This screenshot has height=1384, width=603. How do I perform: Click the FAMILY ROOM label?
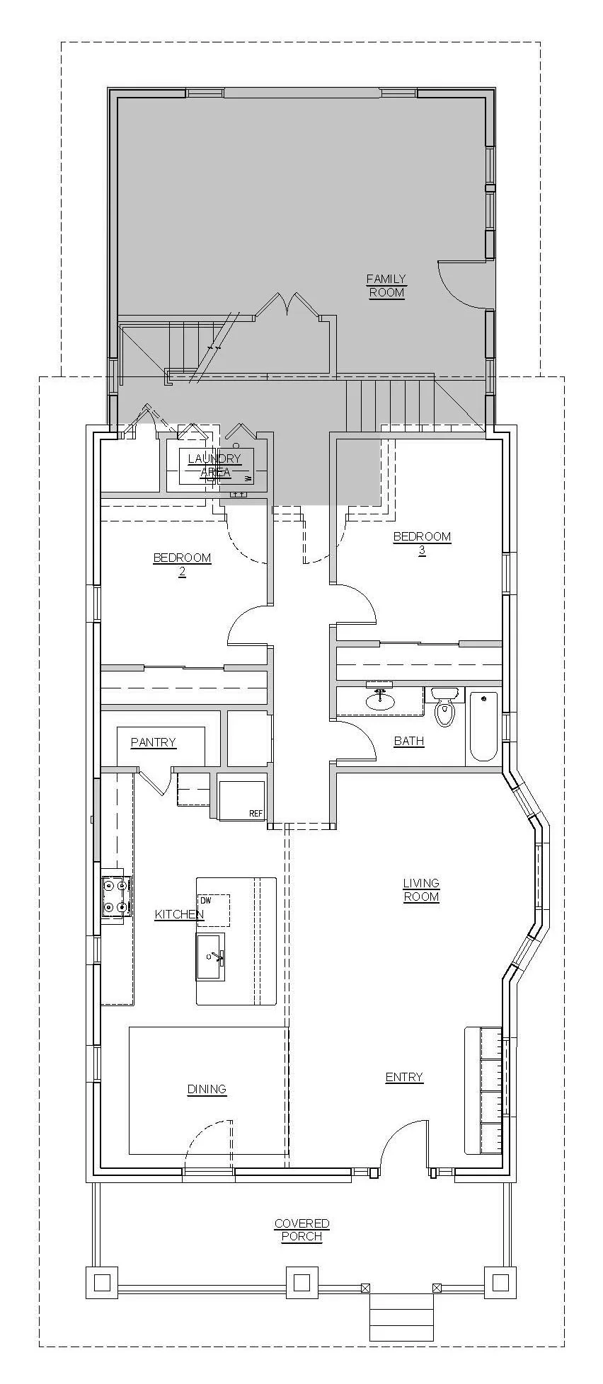click(x=386, y=285)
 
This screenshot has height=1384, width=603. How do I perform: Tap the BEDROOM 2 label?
click(x=182, y=564)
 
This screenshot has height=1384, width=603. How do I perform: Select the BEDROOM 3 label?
click(x=422, y=543)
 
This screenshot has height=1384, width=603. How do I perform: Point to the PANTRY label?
click(x=153, y=742)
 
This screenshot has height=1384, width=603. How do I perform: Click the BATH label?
click(x=409, y=741)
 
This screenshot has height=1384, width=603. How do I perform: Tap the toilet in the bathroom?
click(x=444, y=711)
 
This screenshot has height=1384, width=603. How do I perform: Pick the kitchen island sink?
click(x=210, y=957)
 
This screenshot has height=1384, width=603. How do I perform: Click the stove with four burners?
click(x=115, y=896)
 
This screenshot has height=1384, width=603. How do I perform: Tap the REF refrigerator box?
click(x=241, y=800)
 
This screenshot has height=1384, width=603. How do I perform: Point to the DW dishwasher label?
click(x=206, y=901)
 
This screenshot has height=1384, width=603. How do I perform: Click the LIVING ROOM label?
click(x=421, y=889)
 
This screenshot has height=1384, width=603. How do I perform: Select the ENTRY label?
click(x=404, y=1077)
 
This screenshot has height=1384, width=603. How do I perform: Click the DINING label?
click(x=207, y=1089)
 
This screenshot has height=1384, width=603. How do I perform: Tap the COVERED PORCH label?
click(x=302, y=1230)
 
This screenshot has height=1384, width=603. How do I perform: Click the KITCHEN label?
click(x=179, y=914)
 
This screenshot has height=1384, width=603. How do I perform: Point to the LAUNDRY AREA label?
click(x=214, y=465)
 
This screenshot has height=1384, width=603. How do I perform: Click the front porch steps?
click(x=401, y=1316)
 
